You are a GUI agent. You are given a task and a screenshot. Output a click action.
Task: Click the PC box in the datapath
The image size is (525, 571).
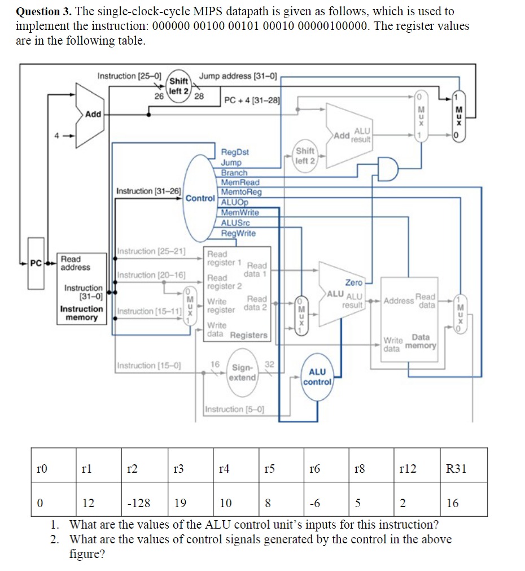pyautogui.click(x=36, y=263)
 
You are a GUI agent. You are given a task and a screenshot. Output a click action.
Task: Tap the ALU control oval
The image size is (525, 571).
pyautogui.click(x=317, y=377)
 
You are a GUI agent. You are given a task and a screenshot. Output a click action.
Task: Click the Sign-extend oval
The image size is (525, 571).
pyautogui.click(x=243, y=372)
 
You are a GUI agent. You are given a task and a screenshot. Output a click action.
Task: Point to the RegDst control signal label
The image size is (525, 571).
pyautogui.click(x=235, y=152)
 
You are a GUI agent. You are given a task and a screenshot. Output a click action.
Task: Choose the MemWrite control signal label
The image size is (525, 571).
pyautogui.click(x=240, y=212)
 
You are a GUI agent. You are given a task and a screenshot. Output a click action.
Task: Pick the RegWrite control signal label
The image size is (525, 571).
pyautogui.click(x=238, y=233)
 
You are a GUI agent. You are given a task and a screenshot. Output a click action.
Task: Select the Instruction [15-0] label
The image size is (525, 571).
pyautogui.click(x=148, y=365)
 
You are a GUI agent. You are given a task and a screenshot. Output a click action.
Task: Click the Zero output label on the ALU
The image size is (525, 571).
pyautogui.click(x=353, y=282)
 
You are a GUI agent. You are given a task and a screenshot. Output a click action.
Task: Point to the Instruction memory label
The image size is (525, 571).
pyautogui.click(x=82, y=313)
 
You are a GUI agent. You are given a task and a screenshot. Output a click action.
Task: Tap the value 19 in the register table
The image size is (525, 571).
pyautogui.click(x=181, y=503)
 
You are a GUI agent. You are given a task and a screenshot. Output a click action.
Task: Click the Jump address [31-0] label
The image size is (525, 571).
pyautogui.click(x=238, y=76)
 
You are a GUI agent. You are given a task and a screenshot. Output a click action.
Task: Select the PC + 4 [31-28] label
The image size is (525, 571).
pyautogui.click(x=251, y=101)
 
